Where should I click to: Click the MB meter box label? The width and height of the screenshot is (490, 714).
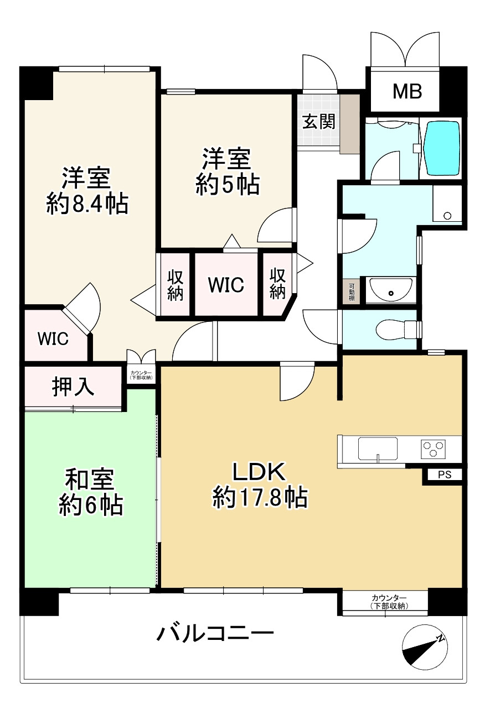pos(407,91)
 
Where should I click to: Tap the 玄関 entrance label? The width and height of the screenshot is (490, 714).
pos(318,121)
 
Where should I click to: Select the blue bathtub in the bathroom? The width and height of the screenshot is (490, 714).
pos(442,147)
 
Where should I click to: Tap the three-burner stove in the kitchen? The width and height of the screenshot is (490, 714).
pos(433,447)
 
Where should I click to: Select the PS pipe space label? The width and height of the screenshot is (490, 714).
pos(444,475)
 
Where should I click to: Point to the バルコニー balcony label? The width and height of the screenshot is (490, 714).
pos(215,633)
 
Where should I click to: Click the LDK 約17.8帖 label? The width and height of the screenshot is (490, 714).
pos(259,486)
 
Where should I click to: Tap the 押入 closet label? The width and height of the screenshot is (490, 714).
pos(73,387)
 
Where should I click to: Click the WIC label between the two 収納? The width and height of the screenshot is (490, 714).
pos(226,285)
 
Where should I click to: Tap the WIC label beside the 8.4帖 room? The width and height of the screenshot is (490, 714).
pos(53,338)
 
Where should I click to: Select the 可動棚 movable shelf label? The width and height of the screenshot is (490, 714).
pos(351,291)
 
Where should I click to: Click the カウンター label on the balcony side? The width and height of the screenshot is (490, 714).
pos(389,602)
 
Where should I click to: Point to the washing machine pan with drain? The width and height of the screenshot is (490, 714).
pos(447,204)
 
